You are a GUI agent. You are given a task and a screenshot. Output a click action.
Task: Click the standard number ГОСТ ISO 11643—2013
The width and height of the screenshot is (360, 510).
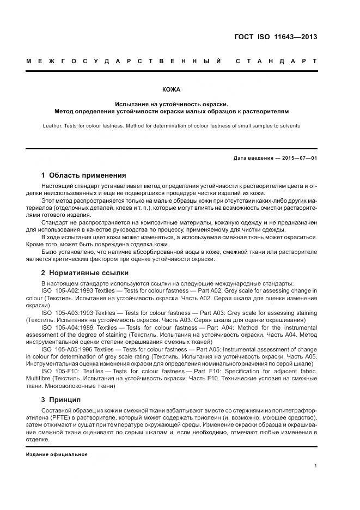coord(274,38)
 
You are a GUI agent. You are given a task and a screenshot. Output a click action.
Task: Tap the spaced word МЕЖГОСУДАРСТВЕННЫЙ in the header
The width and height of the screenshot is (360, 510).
coord(124,61)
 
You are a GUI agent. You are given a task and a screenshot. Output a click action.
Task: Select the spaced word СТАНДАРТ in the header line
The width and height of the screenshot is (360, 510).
coord(276,61)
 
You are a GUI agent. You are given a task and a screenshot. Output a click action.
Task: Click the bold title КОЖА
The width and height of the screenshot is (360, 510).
coord(171,89)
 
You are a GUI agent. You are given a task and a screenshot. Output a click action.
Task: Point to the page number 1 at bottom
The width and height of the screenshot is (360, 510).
coord(315,466)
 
